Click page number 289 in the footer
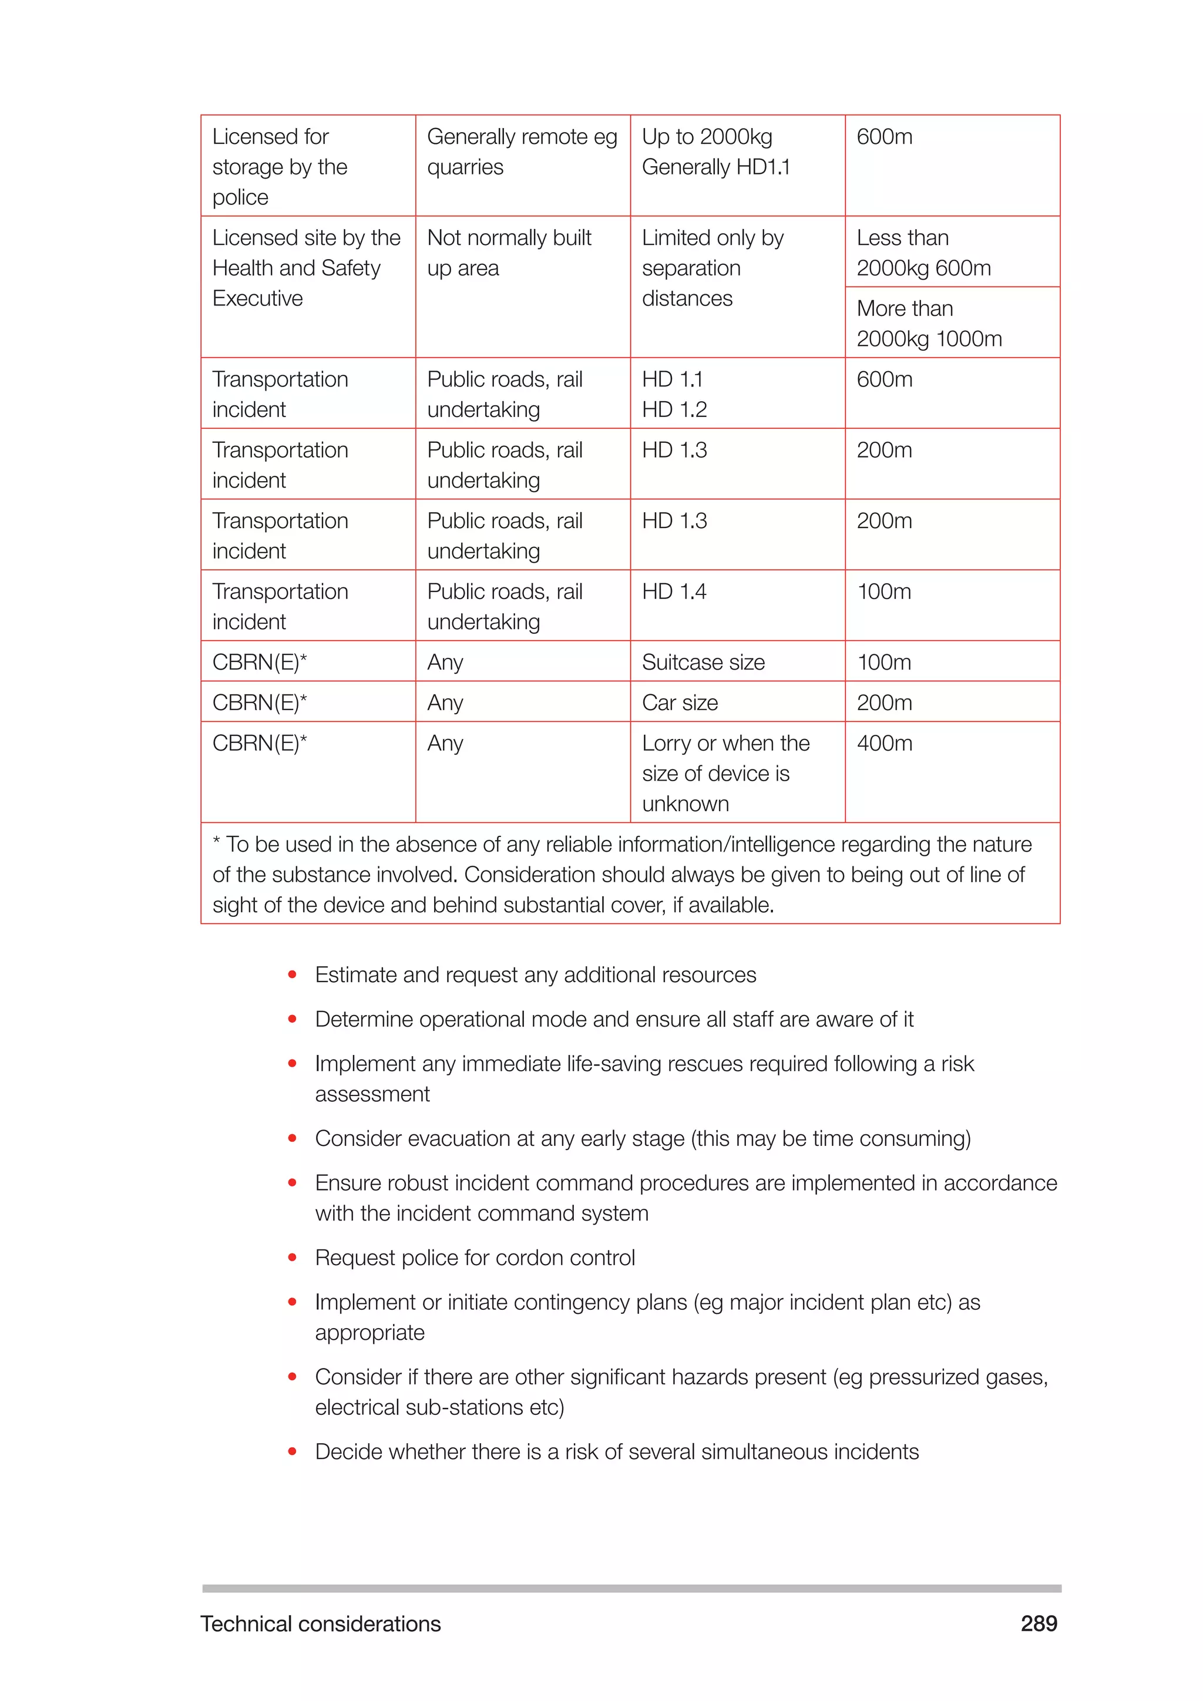tap(1039, 1623)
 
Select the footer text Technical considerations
tap(320, 1623)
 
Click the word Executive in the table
tap(257, 298)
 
